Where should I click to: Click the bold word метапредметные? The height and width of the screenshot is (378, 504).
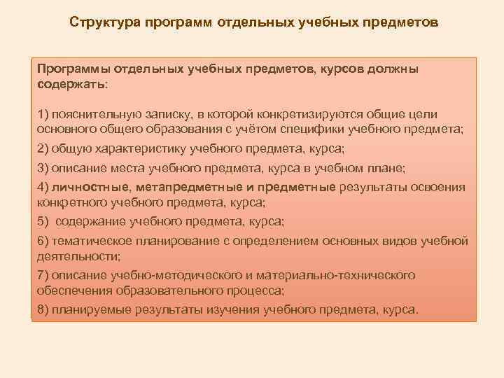[185, 187]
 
